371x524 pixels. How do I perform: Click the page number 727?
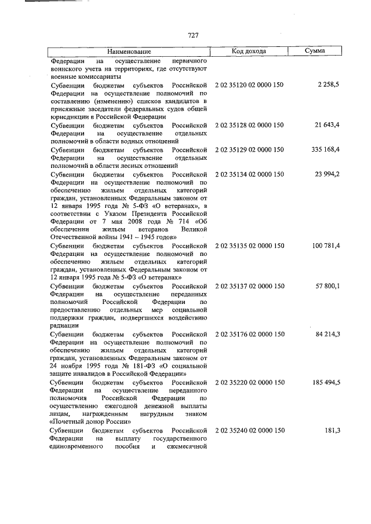[194, 35]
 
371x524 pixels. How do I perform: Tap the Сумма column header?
[315, 52]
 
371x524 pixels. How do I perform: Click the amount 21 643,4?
[327, 125]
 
